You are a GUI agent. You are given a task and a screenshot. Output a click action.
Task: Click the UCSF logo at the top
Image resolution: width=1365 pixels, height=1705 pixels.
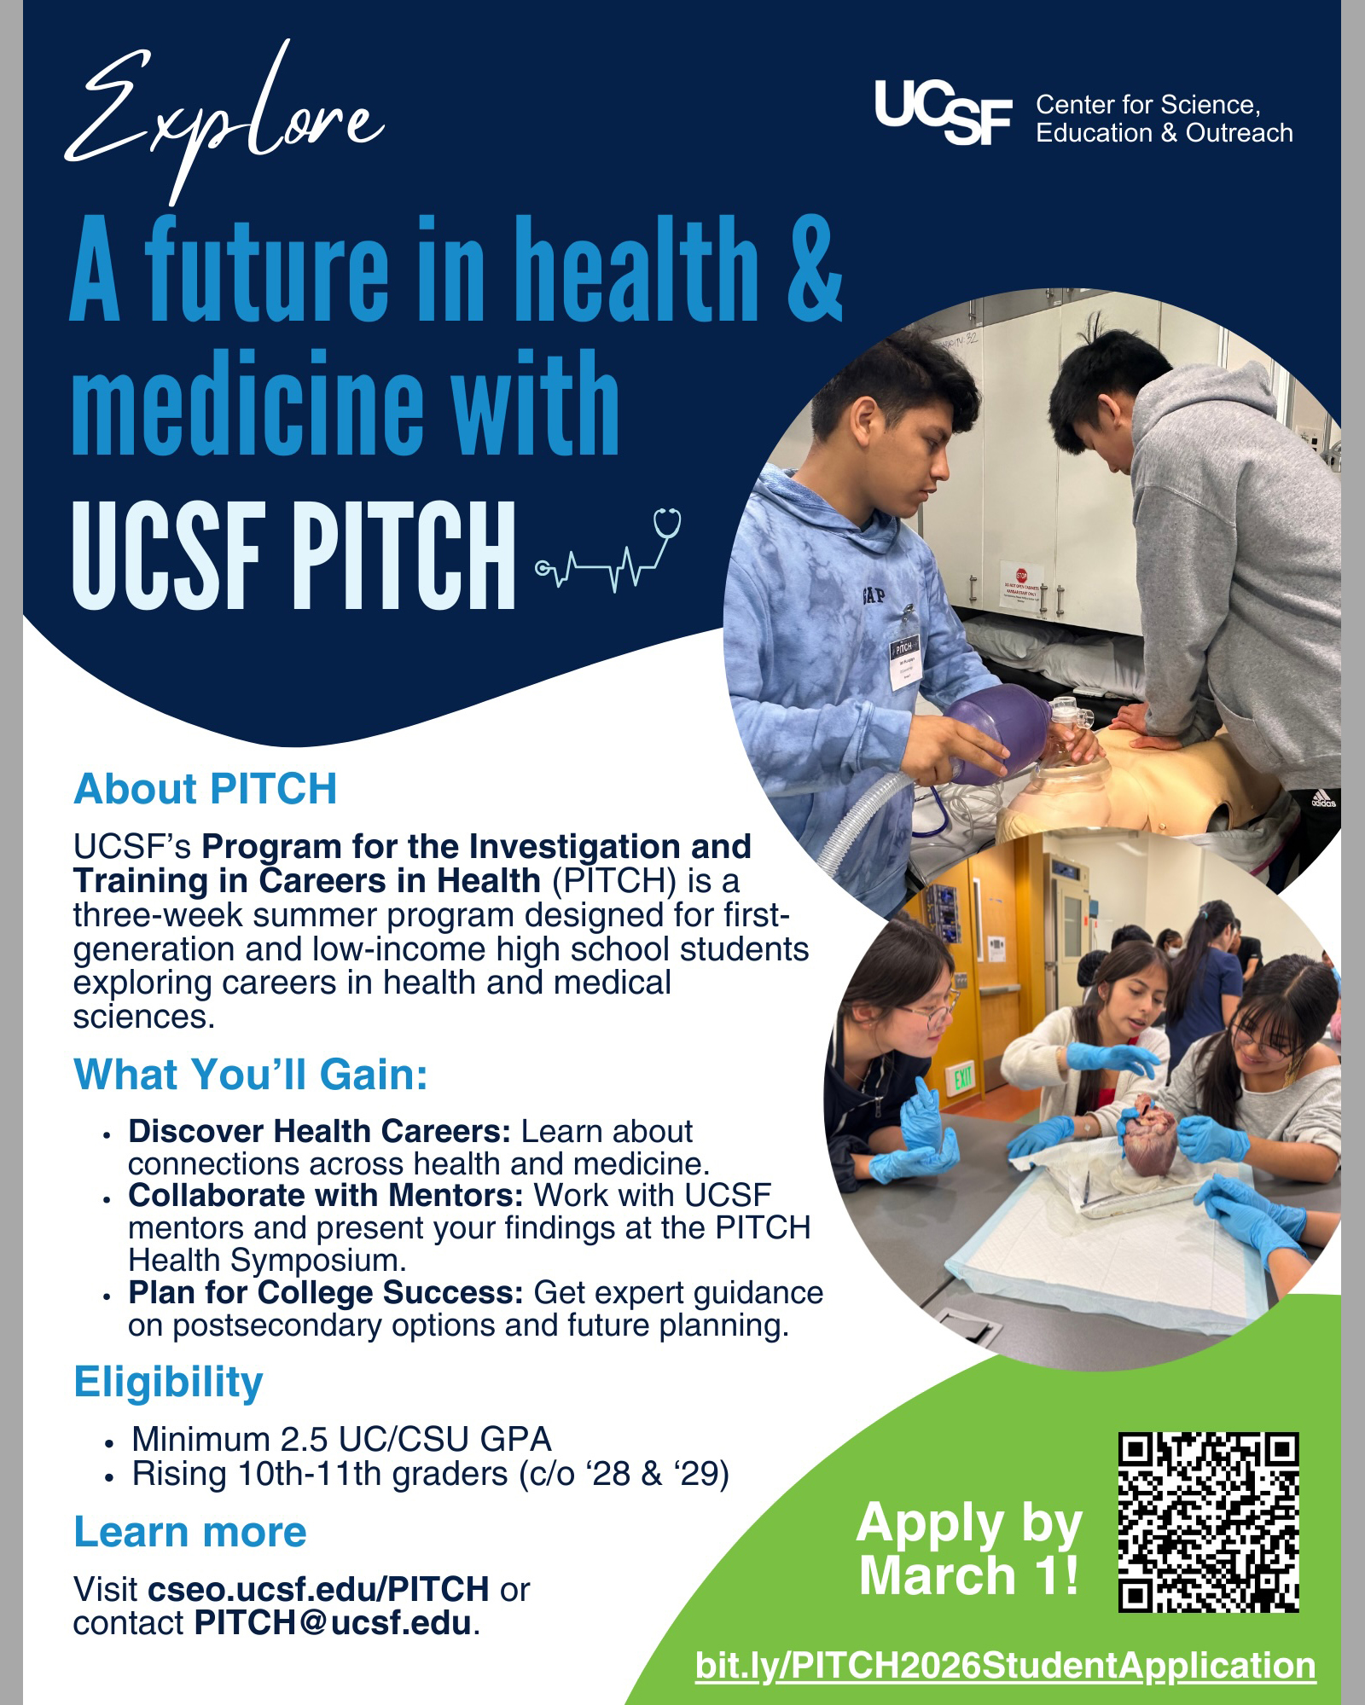[943, 112]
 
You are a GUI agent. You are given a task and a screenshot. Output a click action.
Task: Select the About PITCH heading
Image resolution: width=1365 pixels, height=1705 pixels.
[206, 789]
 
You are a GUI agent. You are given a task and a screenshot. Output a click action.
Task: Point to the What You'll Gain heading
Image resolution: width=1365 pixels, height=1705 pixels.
[251, 1075]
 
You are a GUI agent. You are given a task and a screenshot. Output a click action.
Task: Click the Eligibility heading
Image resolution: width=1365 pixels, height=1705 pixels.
[168, 1382]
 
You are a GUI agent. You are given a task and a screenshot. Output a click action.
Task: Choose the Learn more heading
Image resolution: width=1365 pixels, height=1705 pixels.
[190, 1532]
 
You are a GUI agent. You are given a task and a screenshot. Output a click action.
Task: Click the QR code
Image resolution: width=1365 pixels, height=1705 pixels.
[1208, 1522]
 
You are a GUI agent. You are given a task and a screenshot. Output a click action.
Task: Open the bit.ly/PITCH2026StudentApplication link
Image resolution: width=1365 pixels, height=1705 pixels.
[1005, 1666]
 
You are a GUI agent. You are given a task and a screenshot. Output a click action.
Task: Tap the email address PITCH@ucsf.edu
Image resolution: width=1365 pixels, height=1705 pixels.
[333, 1623]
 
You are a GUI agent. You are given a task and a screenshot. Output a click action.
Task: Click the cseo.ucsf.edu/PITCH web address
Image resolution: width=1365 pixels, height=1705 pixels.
[318, 1589]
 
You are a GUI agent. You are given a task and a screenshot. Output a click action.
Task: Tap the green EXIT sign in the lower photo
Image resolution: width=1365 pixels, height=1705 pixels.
[963, 1078]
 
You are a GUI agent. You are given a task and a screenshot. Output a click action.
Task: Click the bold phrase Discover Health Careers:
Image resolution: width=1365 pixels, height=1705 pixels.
[319, 1132]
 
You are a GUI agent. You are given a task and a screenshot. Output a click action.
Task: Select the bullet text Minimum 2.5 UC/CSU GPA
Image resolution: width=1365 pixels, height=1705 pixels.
[341, 1440]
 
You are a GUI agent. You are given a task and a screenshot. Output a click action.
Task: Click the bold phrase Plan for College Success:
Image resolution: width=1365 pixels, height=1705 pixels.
[325, 1293]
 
